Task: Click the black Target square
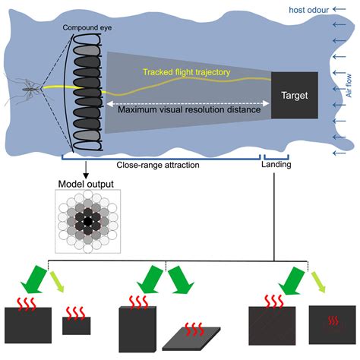pyautogui.click(x=295, y=95)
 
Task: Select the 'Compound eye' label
pyautogui.click(x=87, y=27)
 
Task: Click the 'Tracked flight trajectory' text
pyautogui.click(x=187, y=72)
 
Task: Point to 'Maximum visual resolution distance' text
pyautogui.click(x=189, y=109)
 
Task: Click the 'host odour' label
pyautogui.click(x=309, y=10)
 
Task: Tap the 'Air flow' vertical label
pyautogui.click(x=349, y=86)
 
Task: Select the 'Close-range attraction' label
pyautogui.click(x=158, y=165)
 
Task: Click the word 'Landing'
pyautogui.click(x=276, y=165)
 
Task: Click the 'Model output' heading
pyautogui.click(x=86, y=184)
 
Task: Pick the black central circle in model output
pyautogui.click(x=87, y=222)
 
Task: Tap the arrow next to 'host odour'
pyautogui.click(x=339, y=9)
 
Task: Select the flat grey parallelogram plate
pyautogui.click(x=191, y=339)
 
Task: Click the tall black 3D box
pyautogui.click(x=137, y=329)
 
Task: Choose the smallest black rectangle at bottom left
pyautogui.click(x=77, y=326)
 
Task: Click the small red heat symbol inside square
pyautogui.click(x=333, y=321)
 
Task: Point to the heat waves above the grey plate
pyautogui.click(x=194, y=329)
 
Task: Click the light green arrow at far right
pyautogui.click(x=318, y=283)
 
